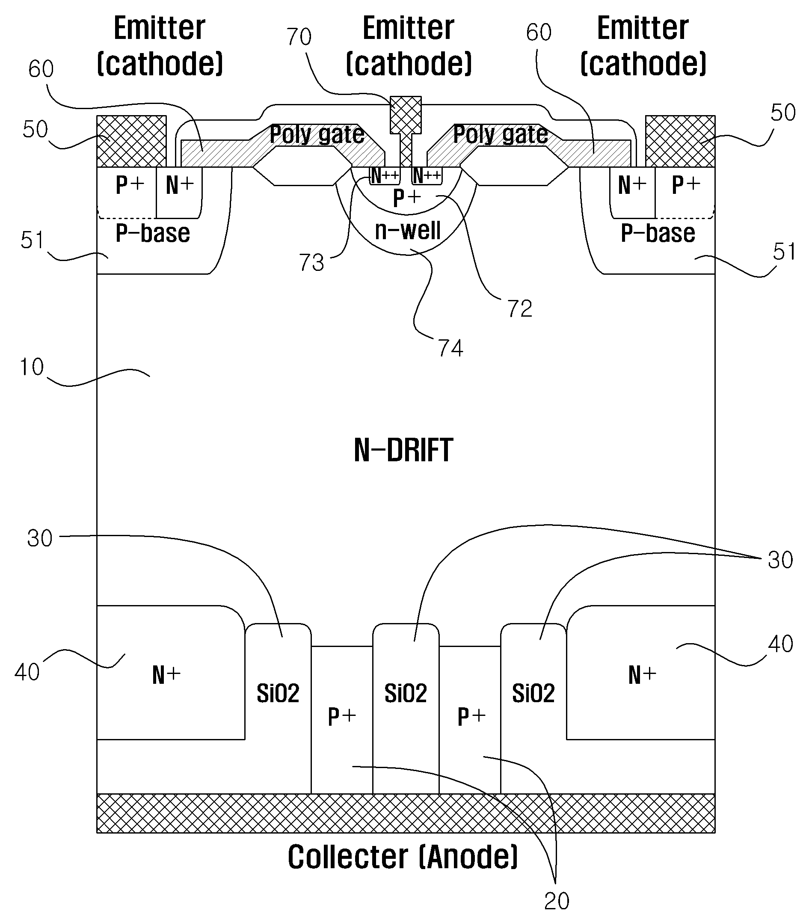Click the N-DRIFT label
pos(403,450)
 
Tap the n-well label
pos(408,230)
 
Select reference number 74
pos(450,348)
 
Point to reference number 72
pos(520,309)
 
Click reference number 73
pos(312,263)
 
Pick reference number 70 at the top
pos(299,36)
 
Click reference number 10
pos(32,367)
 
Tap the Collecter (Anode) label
pos(403,857)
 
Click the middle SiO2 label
pos(406,693)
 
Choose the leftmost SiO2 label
pos(278,693)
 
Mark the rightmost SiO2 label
pos(533,693)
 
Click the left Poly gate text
pos(317,134)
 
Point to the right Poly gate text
pos(501,134)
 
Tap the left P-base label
pos(153,233)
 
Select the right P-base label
pos(658,233)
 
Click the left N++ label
pos(385,175)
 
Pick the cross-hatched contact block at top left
pos(132,141)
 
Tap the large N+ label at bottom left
pos(166,675)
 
